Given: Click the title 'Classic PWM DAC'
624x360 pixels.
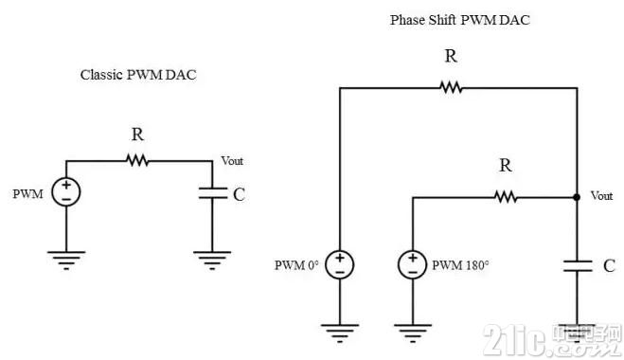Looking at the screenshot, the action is point(138,75).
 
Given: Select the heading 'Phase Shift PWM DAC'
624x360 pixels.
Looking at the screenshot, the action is point(459,20).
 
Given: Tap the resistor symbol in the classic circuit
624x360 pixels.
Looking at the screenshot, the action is point(137,161).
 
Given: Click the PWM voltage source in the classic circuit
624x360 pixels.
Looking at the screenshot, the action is point(66,192).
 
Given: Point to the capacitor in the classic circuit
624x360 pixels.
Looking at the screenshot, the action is point(212,193).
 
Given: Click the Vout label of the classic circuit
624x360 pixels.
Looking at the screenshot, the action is point(232,161).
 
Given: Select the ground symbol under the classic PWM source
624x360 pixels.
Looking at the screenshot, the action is point(66,261).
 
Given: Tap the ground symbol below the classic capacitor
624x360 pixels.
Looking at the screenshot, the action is point(212,261).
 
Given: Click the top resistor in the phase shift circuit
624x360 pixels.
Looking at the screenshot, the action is point(451,87).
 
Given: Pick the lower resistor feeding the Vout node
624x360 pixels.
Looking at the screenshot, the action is point(506,197).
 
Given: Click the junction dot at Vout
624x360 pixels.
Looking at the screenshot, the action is point(577,197).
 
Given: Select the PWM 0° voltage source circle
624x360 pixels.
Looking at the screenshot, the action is point(339,265).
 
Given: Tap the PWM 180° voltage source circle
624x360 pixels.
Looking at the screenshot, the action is point(413,265).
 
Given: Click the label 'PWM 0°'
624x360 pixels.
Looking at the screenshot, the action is point(296,265).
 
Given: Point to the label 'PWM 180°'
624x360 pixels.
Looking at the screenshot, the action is point(460,265).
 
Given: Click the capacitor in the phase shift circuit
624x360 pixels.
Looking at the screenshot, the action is point(578,266).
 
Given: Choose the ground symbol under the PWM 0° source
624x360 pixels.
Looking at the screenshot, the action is point(339,333).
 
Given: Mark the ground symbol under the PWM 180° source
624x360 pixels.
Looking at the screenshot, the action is point(413,333).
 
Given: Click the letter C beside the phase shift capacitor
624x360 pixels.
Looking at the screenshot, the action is point(609,265).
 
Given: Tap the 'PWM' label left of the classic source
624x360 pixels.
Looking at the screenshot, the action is point(27,194).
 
